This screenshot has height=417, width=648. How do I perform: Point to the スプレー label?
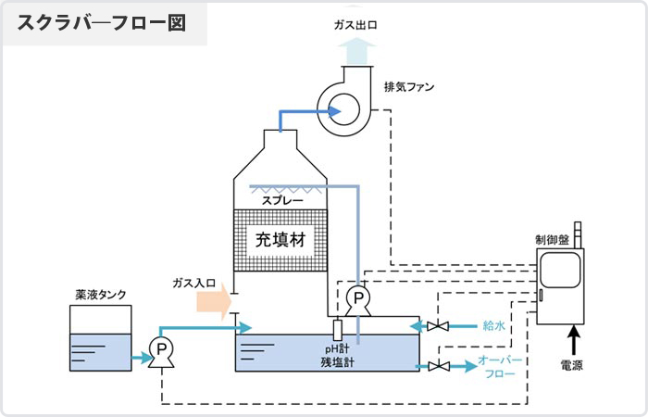point(281,199)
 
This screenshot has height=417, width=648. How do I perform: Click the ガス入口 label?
point(193,281)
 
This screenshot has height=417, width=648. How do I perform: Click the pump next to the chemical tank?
point(162,349)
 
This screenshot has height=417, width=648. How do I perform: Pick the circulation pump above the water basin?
point(356,297)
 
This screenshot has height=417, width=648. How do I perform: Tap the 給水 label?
point(492,326)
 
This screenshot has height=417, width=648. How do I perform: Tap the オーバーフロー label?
point(501,367)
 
